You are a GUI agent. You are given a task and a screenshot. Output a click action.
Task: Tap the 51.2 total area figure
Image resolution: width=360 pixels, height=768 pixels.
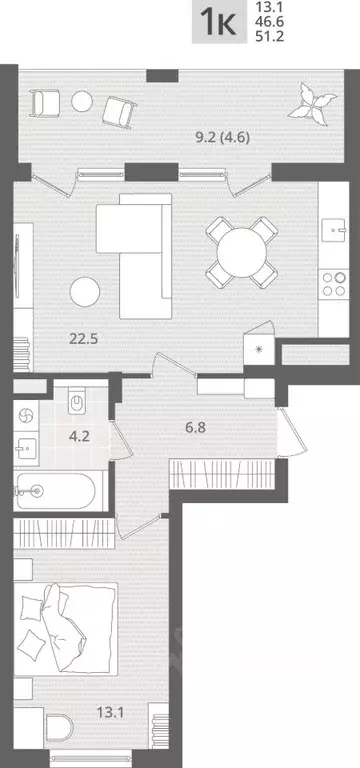tap(270, 36)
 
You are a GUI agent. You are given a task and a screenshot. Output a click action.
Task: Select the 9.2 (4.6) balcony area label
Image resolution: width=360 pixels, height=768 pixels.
tap(223, 138)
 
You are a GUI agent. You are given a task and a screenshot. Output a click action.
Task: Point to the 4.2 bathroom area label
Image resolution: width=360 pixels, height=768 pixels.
tap(79, 435)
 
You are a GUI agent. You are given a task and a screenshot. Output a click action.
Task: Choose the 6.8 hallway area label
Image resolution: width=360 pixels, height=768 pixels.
tap(194, 428)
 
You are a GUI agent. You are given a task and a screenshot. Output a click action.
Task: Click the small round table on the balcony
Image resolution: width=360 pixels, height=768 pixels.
tap(82, 101)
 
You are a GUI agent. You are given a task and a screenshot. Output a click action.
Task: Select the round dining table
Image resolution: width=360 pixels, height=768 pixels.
tap(241, 252)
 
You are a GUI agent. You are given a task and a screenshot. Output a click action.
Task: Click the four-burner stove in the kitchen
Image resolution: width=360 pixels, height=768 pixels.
tap(334, 284)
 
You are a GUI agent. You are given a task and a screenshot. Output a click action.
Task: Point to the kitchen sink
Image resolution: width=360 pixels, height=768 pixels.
tap(335, 230)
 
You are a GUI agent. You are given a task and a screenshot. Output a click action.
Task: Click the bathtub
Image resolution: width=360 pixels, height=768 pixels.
tap(54, 491)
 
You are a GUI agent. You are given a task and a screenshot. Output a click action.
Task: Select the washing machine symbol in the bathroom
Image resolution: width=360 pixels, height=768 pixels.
tap(25, 416)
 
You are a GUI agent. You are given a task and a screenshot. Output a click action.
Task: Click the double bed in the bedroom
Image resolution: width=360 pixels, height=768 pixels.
tap(66, 628)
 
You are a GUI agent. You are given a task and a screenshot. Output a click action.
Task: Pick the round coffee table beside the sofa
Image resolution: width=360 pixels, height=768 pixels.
tap(85, 292)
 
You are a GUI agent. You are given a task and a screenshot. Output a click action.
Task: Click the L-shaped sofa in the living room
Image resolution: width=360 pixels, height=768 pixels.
tap(134, 256)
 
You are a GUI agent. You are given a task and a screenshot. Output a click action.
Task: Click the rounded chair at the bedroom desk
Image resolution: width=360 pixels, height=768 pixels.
tap(59, 729)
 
